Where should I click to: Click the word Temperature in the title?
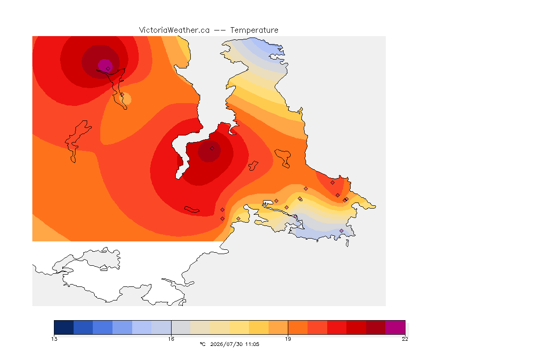(x=254, y=30)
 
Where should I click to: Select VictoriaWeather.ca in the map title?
(x=174, y=30)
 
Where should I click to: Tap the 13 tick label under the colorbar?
(x=54, y=339)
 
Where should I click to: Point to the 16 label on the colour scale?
(x=171, y=339)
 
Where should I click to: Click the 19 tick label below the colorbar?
(x=288, y=339)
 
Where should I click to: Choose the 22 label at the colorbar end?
(x=405, y=339)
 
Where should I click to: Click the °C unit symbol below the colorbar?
(x=202, y=344)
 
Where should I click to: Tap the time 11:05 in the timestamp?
(x=252, y=344)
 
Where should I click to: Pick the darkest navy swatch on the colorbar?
(x=64, y=327)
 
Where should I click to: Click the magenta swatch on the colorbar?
(x=395, y=327)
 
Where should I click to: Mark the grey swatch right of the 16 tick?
(x=181, y=327)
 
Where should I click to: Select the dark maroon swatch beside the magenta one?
(x=376, y=327)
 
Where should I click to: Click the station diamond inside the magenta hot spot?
(x=108, y=68)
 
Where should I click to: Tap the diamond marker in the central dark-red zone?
(x=212, y=149)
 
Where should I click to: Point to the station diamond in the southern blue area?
(x=341, y=231)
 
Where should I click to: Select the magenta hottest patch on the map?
(x=105, y=65)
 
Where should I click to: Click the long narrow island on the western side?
(x=77, y=140)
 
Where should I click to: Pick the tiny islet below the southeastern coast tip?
(x=347, y=243)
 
